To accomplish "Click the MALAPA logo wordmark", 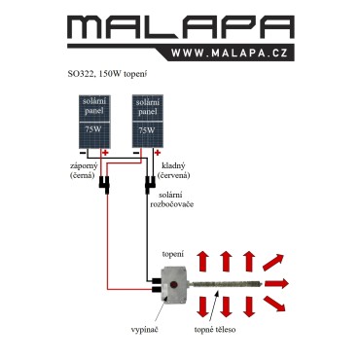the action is point(181,27).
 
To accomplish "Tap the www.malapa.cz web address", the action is point(230,53).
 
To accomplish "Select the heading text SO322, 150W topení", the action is point(108,74).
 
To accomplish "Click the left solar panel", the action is point(94,122).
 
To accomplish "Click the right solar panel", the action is point(148,122).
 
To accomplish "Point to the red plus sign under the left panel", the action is point(105,153).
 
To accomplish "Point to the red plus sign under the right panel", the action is point(158,153).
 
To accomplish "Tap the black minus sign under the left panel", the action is point(83,153).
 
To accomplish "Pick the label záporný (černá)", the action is point(84,170).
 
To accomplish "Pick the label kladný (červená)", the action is point(173,170).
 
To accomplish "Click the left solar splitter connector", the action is point(104,185).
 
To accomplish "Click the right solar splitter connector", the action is point(150,185).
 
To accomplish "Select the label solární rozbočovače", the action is point(170,199).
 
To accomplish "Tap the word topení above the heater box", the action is point(173,254).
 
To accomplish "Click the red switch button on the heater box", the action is point(174,285).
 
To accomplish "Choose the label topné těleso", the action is point(215,330).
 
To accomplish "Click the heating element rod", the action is point(225,284).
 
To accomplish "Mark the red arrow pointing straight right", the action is point(276,284).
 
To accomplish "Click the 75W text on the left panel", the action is point(93,129).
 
